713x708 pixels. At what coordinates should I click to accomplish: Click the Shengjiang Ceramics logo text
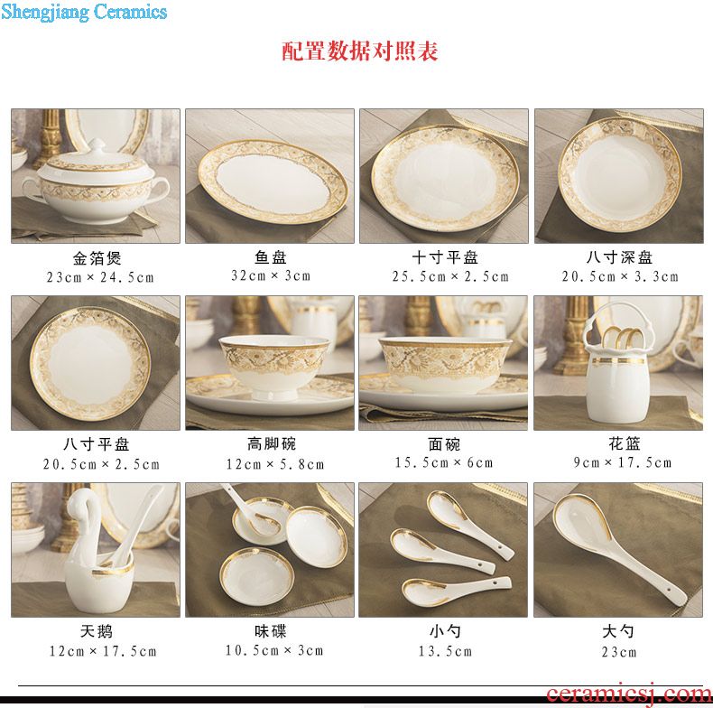tap(84, 12)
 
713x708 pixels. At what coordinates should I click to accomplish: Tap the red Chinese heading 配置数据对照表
tap(360, 51)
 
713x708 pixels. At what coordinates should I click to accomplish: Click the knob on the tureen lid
tap(97, 145)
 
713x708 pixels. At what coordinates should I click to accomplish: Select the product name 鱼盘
tap(270, 257)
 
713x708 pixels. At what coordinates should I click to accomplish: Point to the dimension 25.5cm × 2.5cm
tap(450, 276)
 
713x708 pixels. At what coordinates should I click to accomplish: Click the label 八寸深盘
tap(619, 257)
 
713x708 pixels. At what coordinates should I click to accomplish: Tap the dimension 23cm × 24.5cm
tap(100, 277)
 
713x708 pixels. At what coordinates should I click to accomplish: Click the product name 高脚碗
tap(272, 443)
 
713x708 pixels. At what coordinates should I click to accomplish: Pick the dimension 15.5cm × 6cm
tap(444, 462)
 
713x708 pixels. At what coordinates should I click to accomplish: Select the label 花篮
tap(625, 443)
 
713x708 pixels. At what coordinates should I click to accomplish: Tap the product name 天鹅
tap(97, 631)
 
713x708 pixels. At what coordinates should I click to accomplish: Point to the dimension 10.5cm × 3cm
tap(274, 650)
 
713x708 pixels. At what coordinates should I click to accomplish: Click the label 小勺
tap(445, 631)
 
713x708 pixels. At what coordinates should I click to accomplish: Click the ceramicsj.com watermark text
tap(629, 694)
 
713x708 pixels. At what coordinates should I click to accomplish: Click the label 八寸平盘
tap(97, 444)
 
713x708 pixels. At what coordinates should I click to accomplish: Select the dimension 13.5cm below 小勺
tap(445, 651)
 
